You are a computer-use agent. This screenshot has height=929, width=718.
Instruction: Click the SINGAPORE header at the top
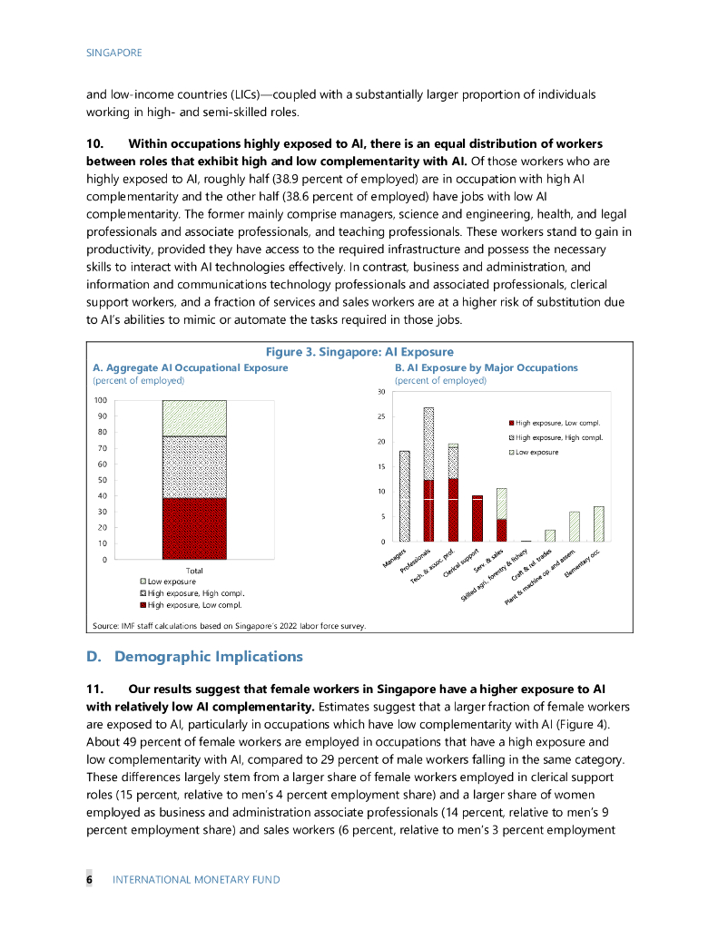pyautogui.click(x=113, y=53)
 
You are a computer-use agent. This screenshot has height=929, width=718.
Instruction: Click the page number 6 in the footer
pyautogui.click(x=90, y=879)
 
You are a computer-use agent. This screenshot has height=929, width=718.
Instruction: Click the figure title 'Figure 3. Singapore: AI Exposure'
pyautogui.click(x=359, y=352)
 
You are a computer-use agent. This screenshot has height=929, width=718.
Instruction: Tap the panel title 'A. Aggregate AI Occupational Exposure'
pyautogui.click(x=191, y=367)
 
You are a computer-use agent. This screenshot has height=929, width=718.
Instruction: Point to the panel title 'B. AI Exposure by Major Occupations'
pyautogui.click(x=487, y=367)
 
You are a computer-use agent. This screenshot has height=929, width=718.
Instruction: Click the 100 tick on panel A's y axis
pyautogui.click(x=100, y=400)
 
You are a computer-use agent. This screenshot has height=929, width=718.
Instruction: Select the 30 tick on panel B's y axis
pyautogui.click(x=382, y=392)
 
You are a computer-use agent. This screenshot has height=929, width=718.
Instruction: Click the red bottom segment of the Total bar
pyautogui.click(x=194, y=528)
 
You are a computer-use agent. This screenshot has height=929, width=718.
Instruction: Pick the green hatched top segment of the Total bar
pyautogui.click(x=194, y=417)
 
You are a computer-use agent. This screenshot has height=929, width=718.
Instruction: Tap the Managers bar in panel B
pyautogui.click(x=405, y=496)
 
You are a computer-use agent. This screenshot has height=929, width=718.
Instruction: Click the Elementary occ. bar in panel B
pyautogui.click(x=598, y=524)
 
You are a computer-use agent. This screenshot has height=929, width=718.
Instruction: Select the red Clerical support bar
pyautogui.click(x=477, y=519)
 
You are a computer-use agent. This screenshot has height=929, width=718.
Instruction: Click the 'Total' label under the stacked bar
pyautogui.click(x=194, y=569)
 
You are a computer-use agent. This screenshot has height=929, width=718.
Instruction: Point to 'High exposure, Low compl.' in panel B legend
pyautogui.click(x=558, y=423)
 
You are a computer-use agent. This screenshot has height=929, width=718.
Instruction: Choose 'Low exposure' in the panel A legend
pyautogui.click(x=173, y=582)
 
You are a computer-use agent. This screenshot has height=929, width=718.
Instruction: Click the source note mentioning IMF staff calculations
pyautogui.click(x=229, y=624)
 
